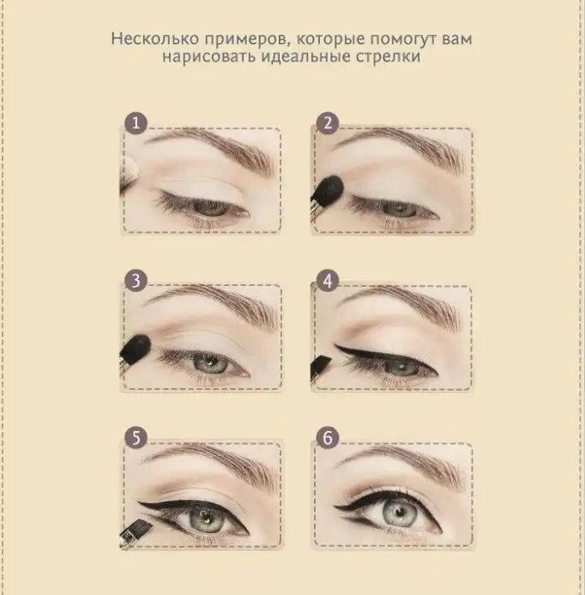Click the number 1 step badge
tap(136, 123)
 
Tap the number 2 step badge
tap(328, 123)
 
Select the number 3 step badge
tap(136, 281)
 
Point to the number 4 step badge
tap(328, 281)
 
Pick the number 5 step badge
tap(136, 438)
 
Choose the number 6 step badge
tap(328, 438)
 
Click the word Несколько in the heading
tap(155, 39)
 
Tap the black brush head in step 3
tap(136, 347)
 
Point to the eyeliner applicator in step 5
tap(136, 529)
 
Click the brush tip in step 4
tap(321, 366)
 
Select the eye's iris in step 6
tap(398, 514)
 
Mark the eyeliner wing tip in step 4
tap(335, 345)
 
